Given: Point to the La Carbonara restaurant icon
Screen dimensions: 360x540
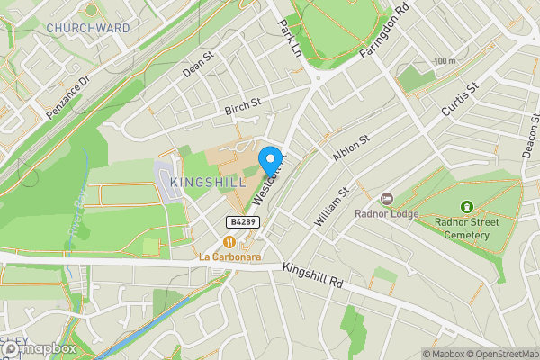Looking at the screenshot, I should (229, 241).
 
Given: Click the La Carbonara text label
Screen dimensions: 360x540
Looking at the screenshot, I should (229, 256).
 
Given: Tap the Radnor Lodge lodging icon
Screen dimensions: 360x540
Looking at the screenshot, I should (387, 198).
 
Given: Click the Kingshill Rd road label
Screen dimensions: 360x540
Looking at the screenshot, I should (313, 275).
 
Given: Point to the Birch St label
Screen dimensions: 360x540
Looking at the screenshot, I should (242, 107).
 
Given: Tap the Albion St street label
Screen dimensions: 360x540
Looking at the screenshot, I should (351, 149).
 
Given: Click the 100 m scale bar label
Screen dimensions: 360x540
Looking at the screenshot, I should (444, 61).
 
